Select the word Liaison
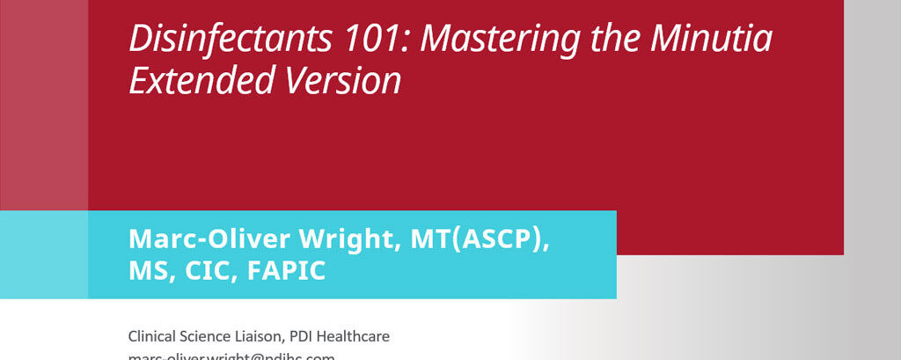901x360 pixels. pos(261,336)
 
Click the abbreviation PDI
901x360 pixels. pos(304,336)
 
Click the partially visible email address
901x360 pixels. pos(231,356)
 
